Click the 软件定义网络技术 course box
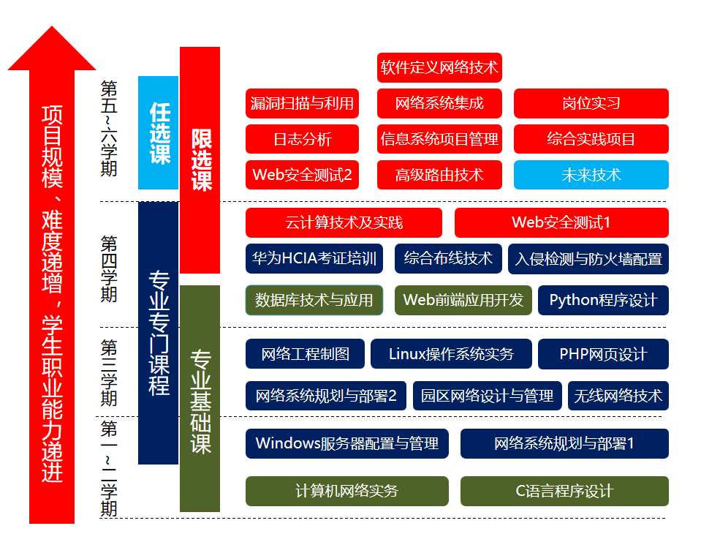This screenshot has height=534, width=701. click(439, 67)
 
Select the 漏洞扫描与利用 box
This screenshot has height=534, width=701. click(302, 103)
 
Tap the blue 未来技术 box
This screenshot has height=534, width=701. click(591, 175)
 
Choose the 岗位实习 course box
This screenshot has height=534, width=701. click(591, 103)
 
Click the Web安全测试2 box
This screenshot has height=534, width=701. click(302, 175)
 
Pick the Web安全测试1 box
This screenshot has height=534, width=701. click(561, 222)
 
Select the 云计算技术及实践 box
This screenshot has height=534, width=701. click(344, 222)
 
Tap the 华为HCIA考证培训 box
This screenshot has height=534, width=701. click(314, 258)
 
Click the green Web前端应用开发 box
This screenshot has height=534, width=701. click(463, 300)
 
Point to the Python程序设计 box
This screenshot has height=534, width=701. click(603, 300)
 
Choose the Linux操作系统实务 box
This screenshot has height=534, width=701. click(451, 354)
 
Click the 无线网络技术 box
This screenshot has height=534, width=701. click(618, 396)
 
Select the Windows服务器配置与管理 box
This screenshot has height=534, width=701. click(346, 443)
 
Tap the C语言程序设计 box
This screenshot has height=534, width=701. click(564, 491)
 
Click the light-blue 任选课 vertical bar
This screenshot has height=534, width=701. click(158, 132)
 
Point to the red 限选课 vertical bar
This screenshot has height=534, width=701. click(200, 159)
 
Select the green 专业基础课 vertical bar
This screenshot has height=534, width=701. click(200, 399)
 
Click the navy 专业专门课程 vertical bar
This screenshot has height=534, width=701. click(158, 333)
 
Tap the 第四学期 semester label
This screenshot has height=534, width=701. click(109, 268)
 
